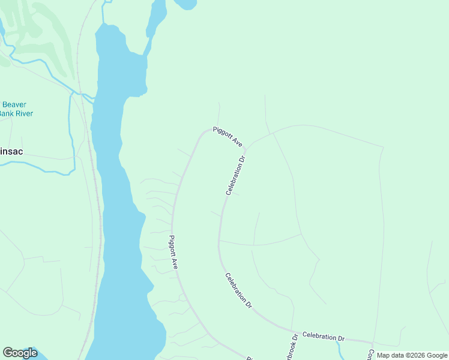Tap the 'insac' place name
[11, 152]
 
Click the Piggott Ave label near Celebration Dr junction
[228, 136]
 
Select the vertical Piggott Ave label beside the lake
[173, 252]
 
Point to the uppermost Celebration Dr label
[237, 176]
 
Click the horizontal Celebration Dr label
[324, 337]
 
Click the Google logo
[20, 353]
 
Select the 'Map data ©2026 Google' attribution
[412, 355]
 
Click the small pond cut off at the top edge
[185, 4]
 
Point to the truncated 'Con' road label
[371, 355]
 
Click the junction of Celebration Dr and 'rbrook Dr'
[294, 331]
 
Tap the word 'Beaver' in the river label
[14, 104]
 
